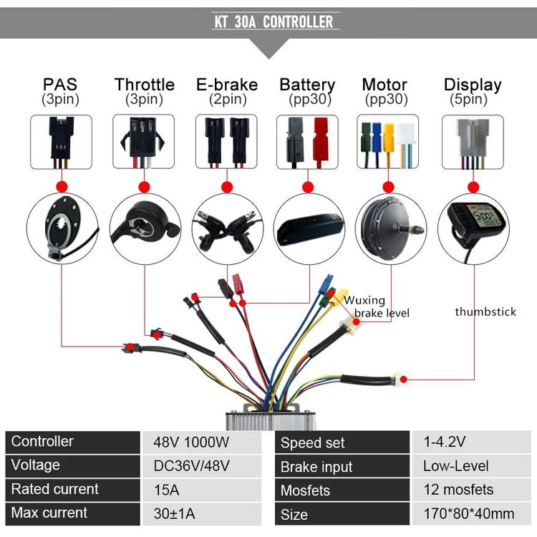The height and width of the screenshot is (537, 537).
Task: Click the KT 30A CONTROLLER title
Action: tap(274, 21)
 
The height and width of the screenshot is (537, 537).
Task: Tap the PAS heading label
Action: tap(60, 84)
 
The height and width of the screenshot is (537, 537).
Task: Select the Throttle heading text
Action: tap(144, 84)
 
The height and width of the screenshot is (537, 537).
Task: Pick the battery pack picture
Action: tap(309, 228)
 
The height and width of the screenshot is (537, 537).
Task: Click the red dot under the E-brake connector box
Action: tap(227, 188)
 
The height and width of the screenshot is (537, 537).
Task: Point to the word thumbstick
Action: tap(485, 311)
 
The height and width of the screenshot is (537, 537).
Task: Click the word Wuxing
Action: tap(364, 300)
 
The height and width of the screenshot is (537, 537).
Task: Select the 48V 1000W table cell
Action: tap(191, 442)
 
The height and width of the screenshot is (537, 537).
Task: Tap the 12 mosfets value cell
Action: tap(458, 490)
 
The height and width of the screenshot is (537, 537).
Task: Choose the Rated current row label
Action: tap(55, 489)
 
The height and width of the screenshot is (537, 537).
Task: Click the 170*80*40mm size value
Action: tap(469, 513)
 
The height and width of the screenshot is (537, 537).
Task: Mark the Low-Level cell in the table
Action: tap(456, 466)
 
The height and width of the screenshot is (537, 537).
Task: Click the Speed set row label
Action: tap(312, 442)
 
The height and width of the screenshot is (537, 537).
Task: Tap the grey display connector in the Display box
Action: tap(473, 139)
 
